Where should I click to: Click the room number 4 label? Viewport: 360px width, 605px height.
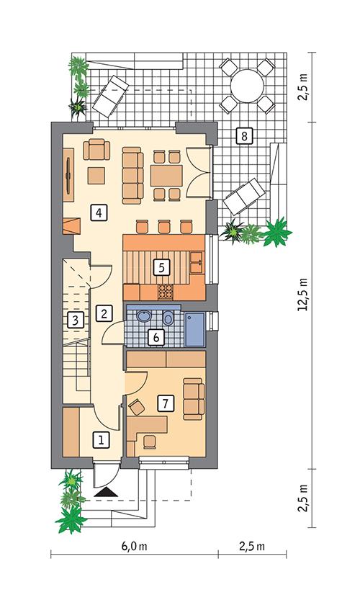[x=99, y=212]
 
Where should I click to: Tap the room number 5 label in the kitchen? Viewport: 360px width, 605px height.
[x=161, y=267]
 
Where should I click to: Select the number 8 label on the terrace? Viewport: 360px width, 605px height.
[x=244, y=136]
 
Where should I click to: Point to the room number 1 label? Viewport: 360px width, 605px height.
[x=101, y=440]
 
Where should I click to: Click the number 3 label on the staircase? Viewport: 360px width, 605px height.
[x=76, y=320]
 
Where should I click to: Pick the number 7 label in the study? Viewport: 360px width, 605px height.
[x=165, y=403]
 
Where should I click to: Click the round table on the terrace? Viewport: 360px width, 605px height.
[x=247, y=86]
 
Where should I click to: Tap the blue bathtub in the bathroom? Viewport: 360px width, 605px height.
[x=195, y=330]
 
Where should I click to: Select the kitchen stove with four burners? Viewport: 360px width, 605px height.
[x=166, y=292]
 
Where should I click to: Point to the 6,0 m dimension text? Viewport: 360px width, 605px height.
[x=133, y=547]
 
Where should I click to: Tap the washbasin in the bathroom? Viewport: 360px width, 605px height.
[x=144, y=317]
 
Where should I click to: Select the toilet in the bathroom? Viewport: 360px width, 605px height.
[x=168, y=318]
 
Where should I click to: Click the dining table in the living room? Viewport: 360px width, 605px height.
[x=167, y=176]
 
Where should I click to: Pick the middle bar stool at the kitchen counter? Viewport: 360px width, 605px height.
[x=164, y=226]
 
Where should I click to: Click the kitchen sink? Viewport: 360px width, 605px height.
[x=197, y=262]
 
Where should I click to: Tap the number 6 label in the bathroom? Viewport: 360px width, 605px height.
[x=156, y=337]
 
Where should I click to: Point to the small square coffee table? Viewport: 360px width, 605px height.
[x=96, y=176]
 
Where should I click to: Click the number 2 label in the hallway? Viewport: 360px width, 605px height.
[x=104, y=313]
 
